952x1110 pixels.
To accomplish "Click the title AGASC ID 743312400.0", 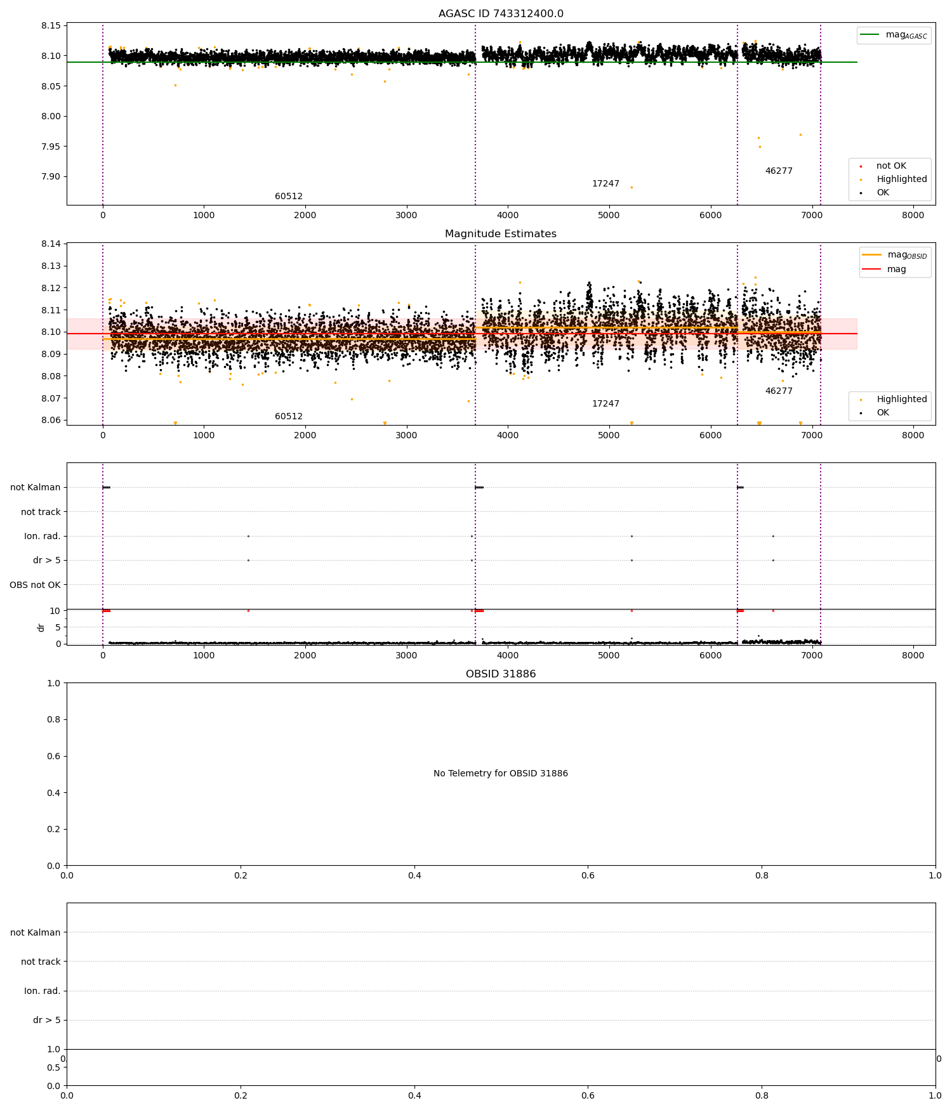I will pyautogui.click(x=501, y=14).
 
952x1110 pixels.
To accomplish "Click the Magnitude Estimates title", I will pyautogui.click(x=501, y=234).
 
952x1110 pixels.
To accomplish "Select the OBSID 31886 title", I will pyautogui.click(x=501, y=674).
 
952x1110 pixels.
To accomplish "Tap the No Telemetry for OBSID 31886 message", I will pyautogui.click(x=501, y=774).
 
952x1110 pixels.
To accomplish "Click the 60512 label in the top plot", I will pyautogui.click(x=289, y=197).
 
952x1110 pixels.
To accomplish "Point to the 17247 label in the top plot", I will pyautogui.click(x=605, y=184).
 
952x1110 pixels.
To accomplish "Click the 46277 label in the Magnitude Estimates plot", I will pyautogui.click(x=779, y=391).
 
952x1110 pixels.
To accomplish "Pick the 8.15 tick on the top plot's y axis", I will pyautogui.click(x=51, y=26).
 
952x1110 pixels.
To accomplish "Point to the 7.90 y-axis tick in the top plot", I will pyautogui.click(x=51, y=177).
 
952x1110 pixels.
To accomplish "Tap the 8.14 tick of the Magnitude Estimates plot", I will pyautogui.click(x=51, y=244).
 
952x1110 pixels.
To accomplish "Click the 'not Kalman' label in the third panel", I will pyautogui.click(x=36, y=488).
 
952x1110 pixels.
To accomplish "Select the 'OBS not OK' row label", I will pyautogui.click(x=36, y=585).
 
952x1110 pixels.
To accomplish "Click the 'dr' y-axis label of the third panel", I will pyautogui.click(x=41, y=627).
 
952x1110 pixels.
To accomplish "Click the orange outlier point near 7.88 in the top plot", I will pyautogui.click(x=631, y=187).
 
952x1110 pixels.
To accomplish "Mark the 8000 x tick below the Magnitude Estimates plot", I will pyautogui.click(x=913, y=436).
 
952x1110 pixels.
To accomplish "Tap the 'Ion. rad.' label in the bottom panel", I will pyautogui.click(x=42, y=991).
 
